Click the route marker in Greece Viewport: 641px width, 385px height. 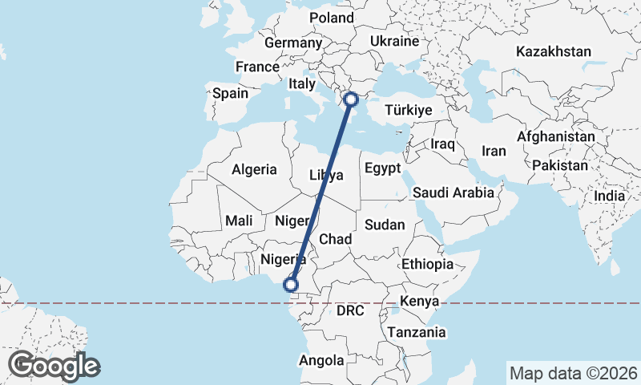tap(350, 99)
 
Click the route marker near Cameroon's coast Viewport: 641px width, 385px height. tap(291, 285)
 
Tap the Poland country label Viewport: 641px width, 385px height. tap(331, 18)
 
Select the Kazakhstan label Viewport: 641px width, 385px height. tap(554, 51)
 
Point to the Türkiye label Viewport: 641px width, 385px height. tap(409, 110)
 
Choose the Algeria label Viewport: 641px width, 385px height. tap(254, 169)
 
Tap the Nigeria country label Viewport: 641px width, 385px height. tap(284, 259)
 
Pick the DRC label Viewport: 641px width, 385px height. tap(350, 310)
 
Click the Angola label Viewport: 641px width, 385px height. tap(321, 361)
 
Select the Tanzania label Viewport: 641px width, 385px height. tap(416, 332)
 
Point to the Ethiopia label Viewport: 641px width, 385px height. tap(428, 264)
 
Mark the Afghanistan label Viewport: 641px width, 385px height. tap(556, 137)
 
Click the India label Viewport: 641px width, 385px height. tap(609, 196)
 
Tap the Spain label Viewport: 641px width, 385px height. tap(230, 93)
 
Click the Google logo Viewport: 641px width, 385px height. tap(54, 366)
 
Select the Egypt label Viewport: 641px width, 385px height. tap(381, 168)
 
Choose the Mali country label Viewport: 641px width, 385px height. tap(240, 220)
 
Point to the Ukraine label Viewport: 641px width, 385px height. tap(395, 41)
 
